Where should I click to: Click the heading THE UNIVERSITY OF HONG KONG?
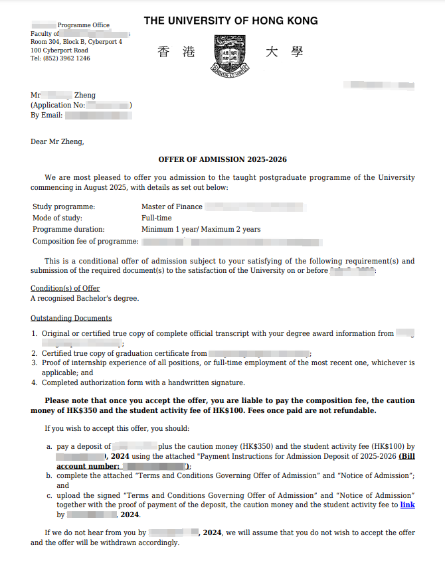pos(230,21)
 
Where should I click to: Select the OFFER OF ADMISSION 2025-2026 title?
pos(222,159)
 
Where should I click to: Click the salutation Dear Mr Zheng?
pos(57,141)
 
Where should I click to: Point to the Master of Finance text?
pos(172,206)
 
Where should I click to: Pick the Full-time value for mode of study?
pos(157,218)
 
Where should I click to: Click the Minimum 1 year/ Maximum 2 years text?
pos(201,229)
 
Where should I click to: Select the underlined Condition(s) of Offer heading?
pos(65,288)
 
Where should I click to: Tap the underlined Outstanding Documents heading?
pos(71,318)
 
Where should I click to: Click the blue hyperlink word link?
pos(407,505)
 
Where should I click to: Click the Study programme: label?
pos(64,206)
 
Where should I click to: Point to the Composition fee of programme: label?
pos(86,241)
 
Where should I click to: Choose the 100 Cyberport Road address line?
pos(59,50)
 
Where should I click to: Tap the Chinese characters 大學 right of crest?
pos(284,52)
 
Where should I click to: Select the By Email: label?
pos(46,115)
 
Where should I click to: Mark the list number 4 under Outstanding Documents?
pos(34,382)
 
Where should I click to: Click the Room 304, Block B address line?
pos(76,42)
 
